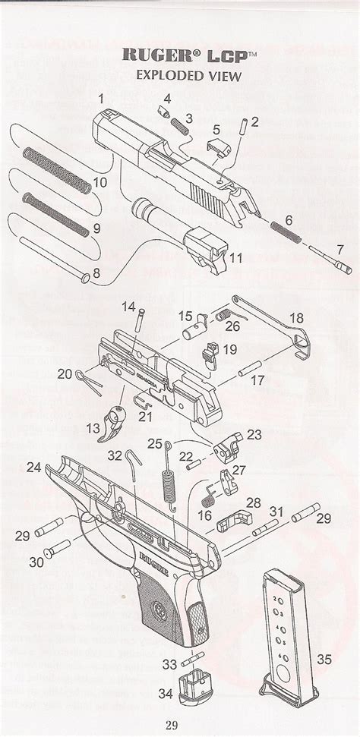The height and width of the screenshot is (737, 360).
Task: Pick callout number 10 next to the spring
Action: [99, 183]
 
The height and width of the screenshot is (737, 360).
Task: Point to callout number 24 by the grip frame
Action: [33, 468]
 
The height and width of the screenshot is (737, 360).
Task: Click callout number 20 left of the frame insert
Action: [65, 373]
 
